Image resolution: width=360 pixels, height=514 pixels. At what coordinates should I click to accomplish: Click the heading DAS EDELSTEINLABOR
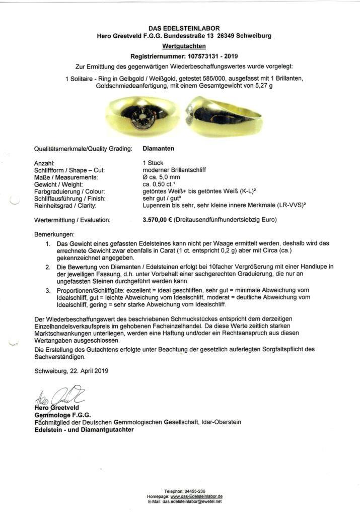pos(184,28)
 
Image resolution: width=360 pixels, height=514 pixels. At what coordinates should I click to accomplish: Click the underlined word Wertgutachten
pos(184,46)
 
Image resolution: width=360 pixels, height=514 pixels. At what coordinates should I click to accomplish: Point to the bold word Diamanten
pos(159,149)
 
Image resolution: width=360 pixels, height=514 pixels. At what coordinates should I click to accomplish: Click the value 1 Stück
pos(155,163)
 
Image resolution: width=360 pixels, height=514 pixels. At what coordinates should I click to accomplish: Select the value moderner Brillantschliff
pos(174,170)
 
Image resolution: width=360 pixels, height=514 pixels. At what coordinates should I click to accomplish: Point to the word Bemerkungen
pos(54,235)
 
